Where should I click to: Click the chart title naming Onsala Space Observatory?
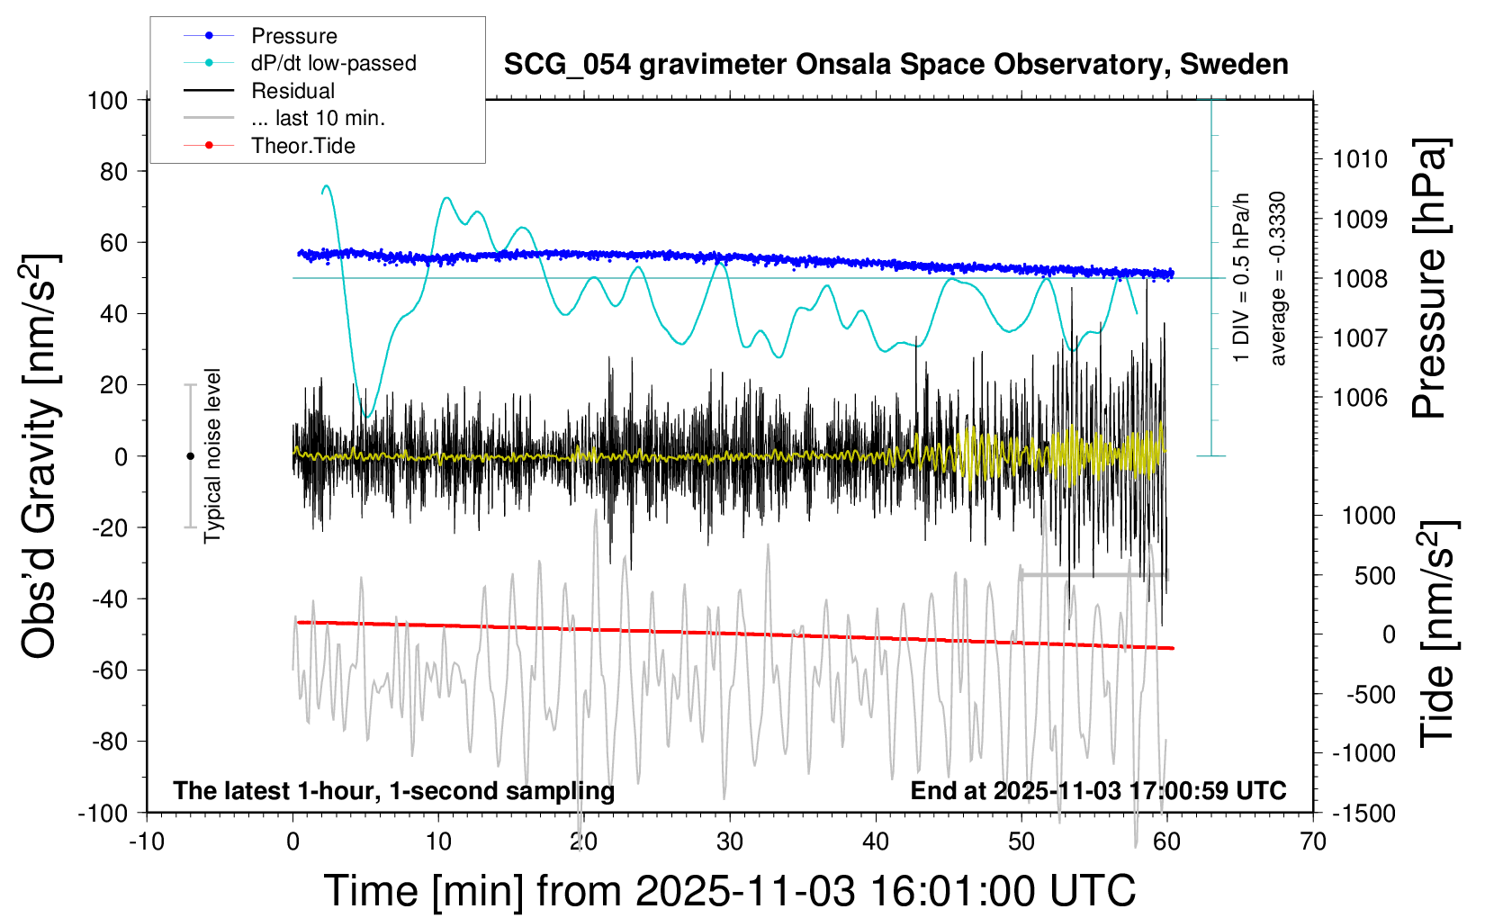[895, 65]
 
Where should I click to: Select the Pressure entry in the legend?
[293, 36]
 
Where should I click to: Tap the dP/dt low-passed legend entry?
[333, 63]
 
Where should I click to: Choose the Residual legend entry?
[292, 91]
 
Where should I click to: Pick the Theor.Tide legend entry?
[302, 146]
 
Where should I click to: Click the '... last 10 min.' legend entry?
[318, 118]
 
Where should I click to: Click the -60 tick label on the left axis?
[108, 670]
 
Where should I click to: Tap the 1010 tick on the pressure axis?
[1360, 159]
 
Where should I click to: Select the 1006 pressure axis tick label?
[1360, 397]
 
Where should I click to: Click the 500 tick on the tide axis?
[1374, 575]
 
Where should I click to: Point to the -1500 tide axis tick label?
[1363, 813]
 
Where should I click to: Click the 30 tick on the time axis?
[730, 841]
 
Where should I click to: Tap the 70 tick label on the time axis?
[1313, 841]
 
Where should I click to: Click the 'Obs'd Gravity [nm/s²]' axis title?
[40, 456]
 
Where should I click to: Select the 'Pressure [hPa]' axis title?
[1428, 278]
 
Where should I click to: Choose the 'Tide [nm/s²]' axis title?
[1437, 634]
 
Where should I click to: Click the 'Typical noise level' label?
[212, 455]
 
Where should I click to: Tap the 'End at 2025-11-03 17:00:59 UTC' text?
[1098, 790]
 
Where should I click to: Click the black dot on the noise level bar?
[190, 456]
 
